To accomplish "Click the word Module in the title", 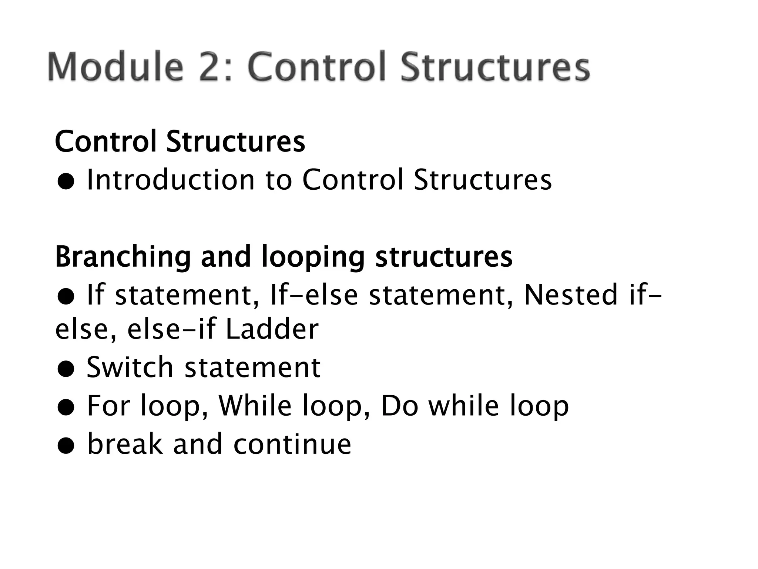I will [x=115, y=67].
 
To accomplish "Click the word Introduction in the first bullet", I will [x=171, y=180].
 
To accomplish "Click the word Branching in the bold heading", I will [x=123, y=257].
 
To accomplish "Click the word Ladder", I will [x=272, y=329].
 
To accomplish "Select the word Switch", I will [x=130, y=367].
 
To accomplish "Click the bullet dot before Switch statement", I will [x=66, y=370].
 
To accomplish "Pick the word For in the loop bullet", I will [x=108, y=406].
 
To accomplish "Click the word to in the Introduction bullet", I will [x=278, y=180].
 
